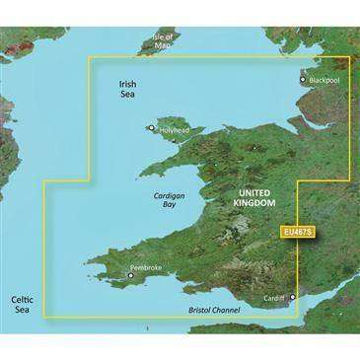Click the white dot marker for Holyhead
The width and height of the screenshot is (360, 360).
(x=152, y=126)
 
